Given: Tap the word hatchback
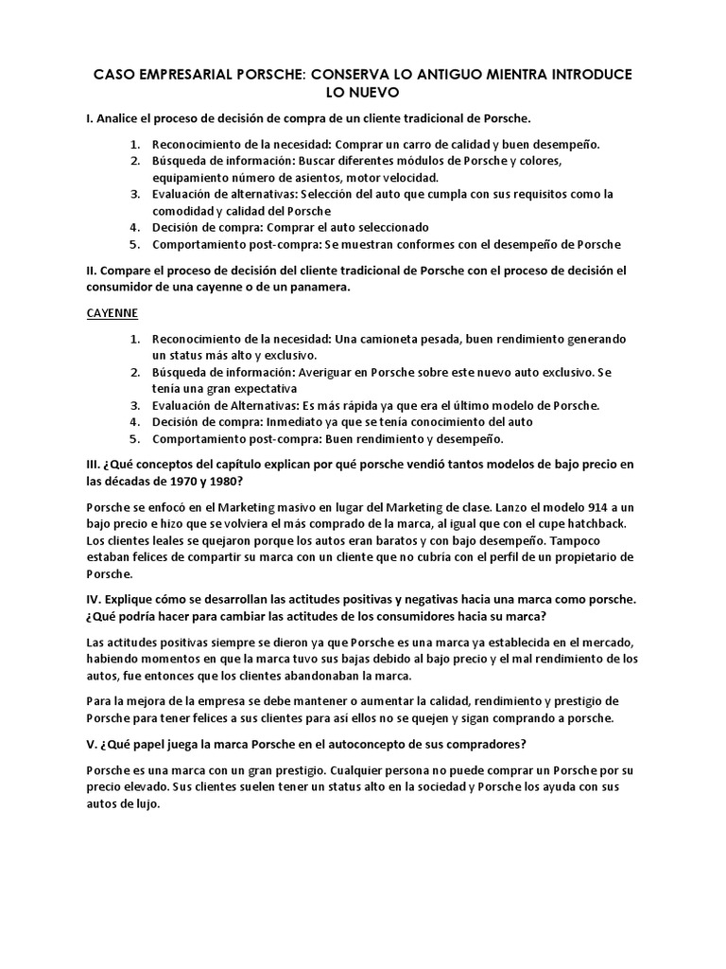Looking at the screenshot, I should coord(587,524).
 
